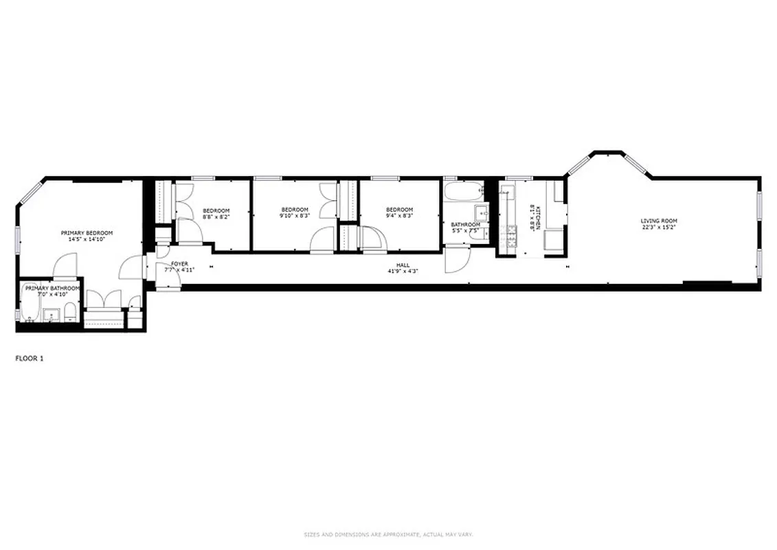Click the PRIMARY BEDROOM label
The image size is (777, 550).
click(x=87, y=233)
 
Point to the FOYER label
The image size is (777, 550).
click(x=180, y=263)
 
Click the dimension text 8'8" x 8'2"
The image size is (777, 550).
click(x=216, y=217)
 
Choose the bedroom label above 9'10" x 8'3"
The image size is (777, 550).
click(x=295, y=210)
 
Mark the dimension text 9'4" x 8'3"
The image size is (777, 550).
click(x=399, y=216)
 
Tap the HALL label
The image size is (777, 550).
click(x=403, y=265)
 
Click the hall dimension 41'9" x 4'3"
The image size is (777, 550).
click(x=403, y=272)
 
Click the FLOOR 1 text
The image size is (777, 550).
click(x=30, y=357)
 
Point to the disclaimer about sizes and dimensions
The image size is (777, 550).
click(x=388, y=534)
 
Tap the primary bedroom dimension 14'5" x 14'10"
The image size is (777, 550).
click(x=87, y=240)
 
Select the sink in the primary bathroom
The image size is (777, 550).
click(x=50, y=316)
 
